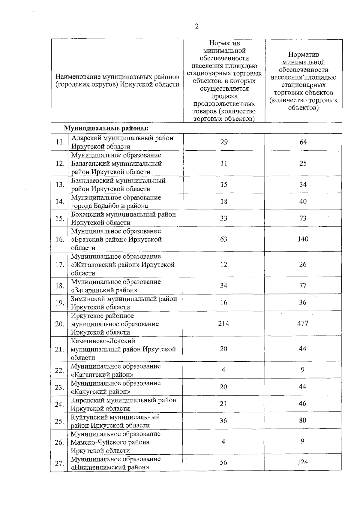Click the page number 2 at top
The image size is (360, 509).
coord(197,26)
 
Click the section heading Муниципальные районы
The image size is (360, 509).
coord(106,128)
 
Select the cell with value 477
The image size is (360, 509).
coord(303,323)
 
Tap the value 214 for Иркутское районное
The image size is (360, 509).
coord(223,323)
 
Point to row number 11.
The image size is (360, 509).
coord(60,142)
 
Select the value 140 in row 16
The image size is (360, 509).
coord(303,239)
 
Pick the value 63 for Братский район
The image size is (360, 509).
coord(223,239)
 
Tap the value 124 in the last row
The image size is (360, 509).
coord(303,462)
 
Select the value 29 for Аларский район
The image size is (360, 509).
coord(224,142)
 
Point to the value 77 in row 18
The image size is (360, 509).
coord(303,285)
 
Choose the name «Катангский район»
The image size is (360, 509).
coord(102,375)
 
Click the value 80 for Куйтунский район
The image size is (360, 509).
coord(303,420)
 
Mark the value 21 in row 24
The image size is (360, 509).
coord(223,404)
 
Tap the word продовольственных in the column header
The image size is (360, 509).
coord(224,104)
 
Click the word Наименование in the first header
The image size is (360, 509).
coord(76,77)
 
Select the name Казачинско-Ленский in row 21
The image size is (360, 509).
coord(103,341)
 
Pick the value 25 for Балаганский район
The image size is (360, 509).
coord(303,163)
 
